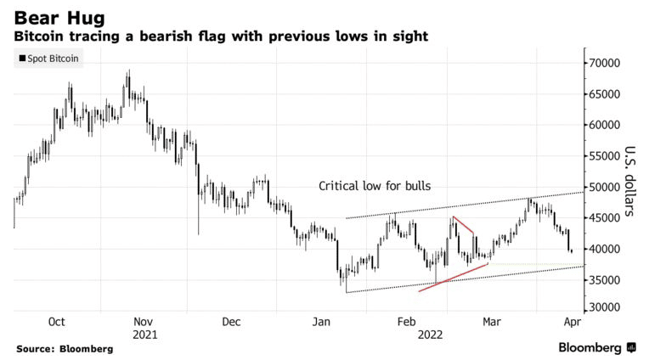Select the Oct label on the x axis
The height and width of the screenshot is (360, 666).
[x=57, y=322]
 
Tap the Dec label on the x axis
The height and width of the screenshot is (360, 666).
[x=231, y=322]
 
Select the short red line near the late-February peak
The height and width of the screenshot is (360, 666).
[x=464, y=225]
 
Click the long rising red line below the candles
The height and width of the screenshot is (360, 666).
[x=453, y=278]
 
